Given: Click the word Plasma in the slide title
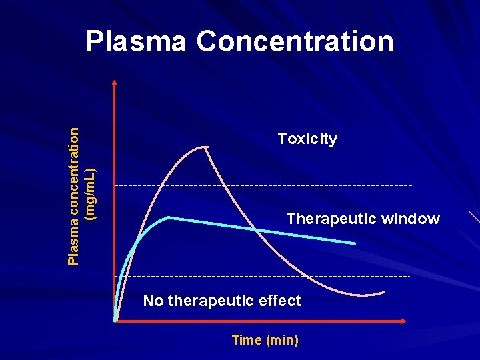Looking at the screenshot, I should click(136, 41).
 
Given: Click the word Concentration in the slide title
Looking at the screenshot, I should click(295, 41).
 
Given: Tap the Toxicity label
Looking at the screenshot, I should click(307, 139).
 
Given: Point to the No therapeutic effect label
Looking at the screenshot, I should click(222, 301).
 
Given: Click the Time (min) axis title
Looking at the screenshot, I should click(265, 340).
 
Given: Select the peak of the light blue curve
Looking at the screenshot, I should click(169, 217).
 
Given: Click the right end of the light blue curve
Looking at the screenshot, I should click(355, 243).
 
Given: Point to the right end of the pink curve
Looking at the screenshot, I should click(385, 292).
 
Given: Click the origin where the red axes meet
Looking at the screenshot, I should click(115, 321).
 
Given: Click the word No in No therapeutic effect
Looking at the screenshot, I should click(153, 301).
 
